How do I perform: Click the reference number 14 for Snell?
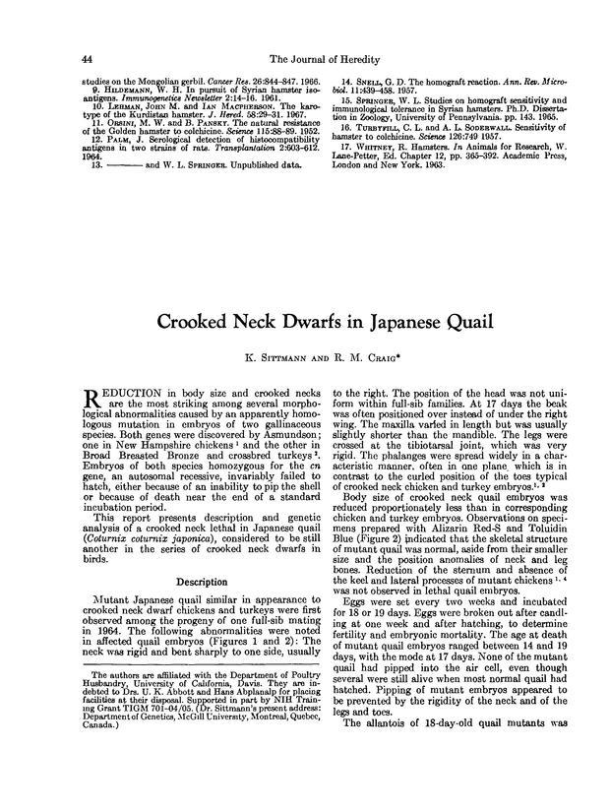click(x=347, y=81)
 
